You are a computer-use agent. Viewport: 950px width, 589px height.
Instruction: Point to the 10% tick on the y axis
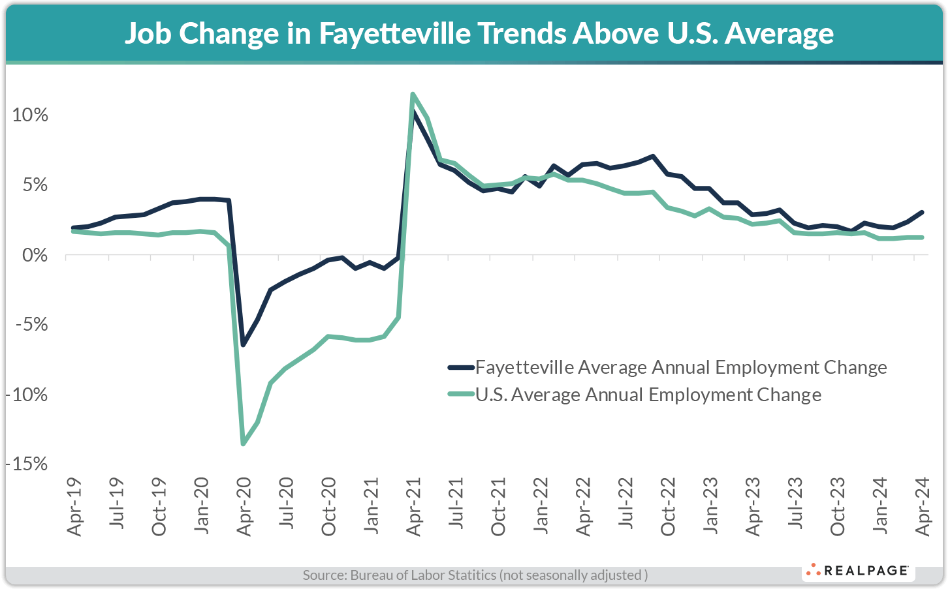click(x=30, y=115)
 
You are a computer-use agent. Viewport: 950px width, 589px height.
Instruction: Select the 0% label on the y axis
click(x=35, y=255)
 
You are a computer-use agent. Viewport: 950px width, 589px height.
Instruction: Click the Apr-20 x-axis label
click(x=244, y=507)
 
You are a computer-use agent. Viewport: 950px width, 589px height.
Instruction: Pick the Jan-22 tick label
click(x=541, y=507)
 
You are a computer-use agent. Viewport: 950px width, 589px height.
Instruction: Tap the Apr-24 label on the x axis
click(x=923, y=507)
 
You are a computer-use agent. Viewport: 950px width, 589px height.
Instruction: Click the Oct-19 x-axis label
click(x=159, y=507)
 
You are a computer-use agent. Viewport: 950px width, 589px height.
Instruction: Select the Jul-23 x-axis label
click(x=795, y=507)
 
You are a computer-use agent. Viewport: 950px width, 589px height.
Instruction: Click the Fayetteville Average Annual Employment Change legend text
click(x=681, y=367)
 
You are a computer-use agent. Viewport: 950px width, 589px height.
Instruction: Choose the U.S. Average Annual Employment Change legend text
click(x=648, y=395)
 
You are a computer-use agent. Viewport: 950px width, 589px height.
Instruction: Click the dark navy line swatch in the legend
click(x=461, y=367)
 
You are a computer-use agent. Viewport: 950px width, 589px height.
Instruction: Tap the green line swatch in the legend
click(x=461, y=395)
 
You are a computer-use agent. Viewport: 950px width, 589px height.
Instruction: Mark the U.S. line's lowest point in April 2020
click(x=244, y=444)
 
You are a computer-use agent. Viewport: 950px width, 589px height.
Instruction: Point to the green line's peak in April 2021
click(x=413, y=95)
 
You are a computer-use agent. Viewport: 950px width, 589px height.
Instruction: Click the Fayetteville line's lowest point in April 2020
click(x=244, y=344)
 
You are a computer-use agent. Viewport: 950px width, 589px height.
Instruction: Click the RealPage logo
click(x=858, y=571)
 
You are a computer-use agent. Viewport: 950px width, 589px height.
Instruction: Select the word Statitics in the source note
click(x=471, y=575)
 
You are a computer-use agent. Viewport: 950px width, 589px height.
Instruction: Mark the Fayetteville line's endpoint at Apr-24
click(x=921, y=212)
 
